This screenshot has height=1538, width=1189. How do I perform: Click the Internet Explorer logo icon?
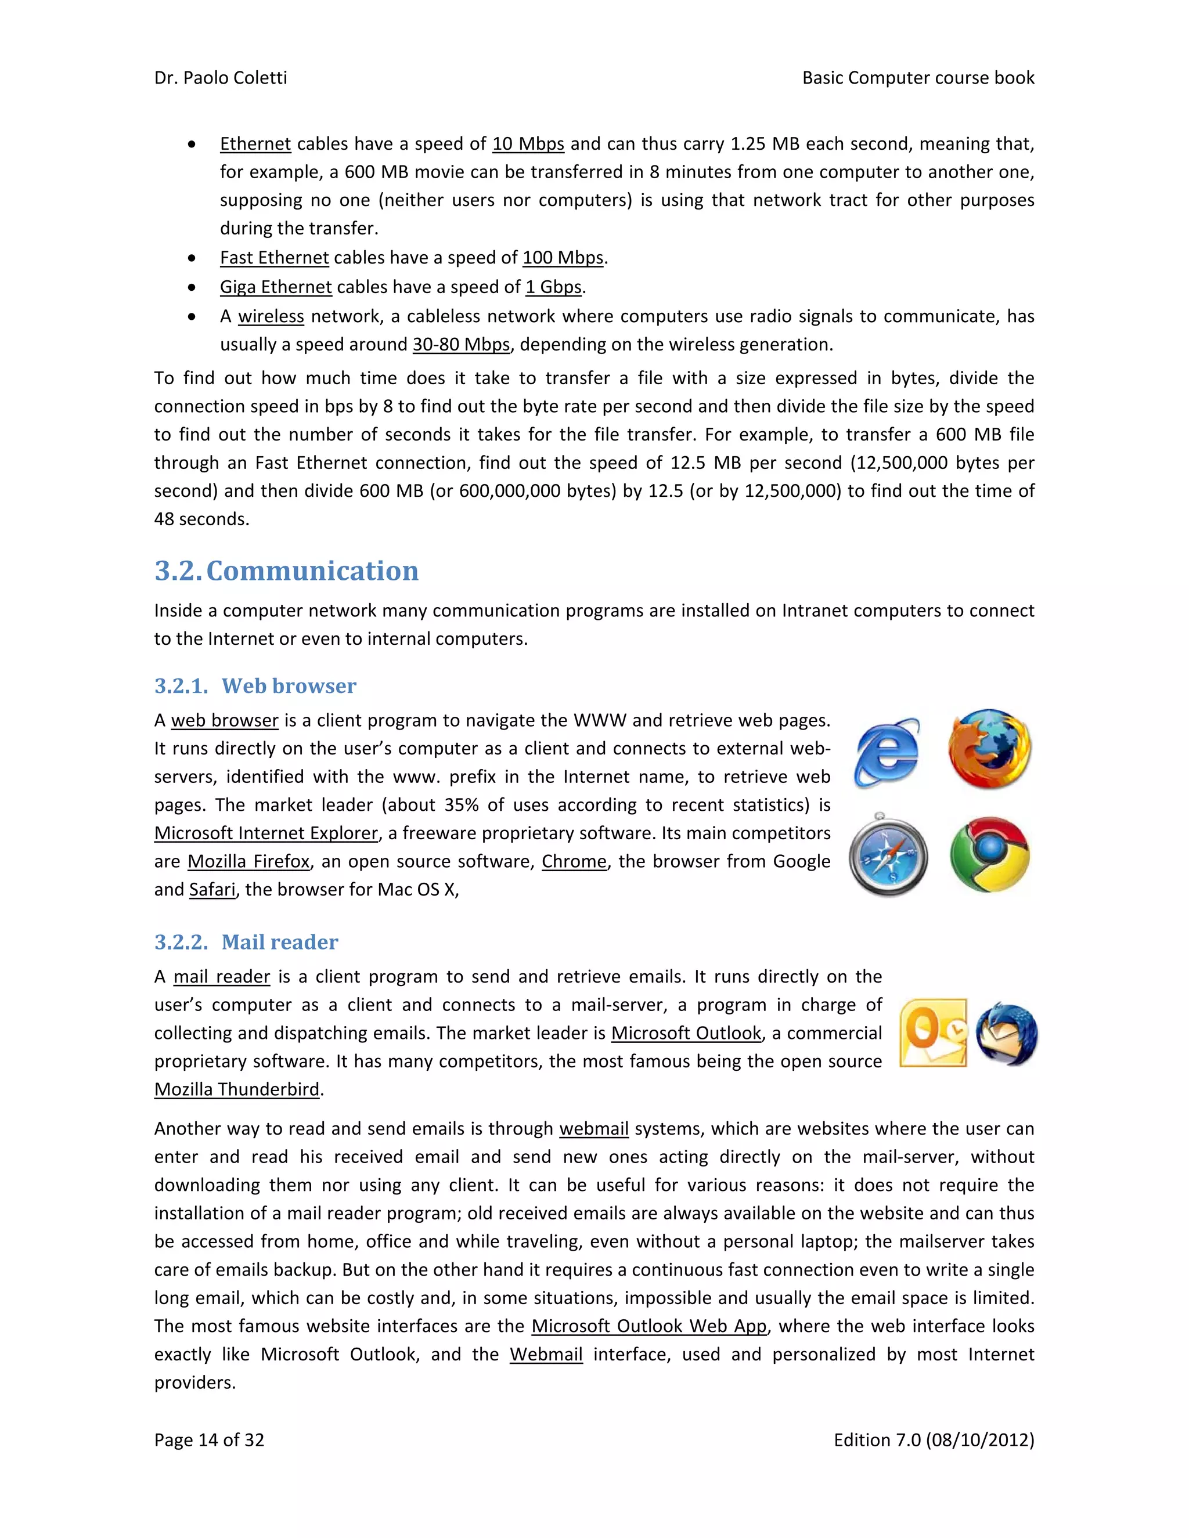(x=887, y=752)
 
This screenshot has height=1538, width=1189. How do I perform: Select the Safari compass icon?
(x=888, y=855)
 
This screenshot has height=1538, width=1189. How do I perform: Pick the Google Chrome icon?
(x=990, y=854)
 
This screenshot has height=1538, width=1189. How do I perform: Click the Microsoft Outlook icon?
(x=934, y=1032)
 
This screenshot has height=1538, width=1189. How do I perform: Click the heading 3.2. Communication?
(x=286, y=571)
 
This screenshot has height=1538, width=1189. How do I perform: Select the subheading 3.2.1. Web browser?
(x=255, y=685)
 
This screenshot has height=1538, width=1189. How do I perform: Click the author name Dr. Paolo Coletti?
(x=221, y=77)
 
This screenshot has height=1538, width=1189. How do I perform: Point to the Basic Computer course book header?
(x=918, y=77)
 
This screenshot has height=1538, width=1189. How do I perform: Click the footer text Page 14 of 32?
(x=209, y=1439)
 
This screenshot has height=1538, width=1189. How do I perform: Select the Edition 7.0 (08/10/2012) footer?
(x=934, y=1439)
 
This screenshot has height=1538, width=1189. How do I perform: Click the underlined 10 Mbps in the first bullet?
(x=528, y=144)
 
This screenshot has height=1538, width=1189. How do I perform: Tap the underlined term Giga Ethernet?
(x=275, y=287)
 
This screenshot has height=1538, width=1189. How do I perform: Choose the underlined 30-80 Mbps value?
(x=460, y=344)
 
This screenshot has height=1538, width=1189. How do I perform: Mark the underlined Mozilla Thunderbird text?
(x=237, y=1089)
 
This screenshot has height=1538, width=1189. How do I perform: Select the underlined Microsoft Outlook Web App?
(x=648, y=1326)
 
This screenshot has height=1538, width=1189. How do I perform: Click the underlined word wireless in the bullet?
(x=271, y=316)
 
